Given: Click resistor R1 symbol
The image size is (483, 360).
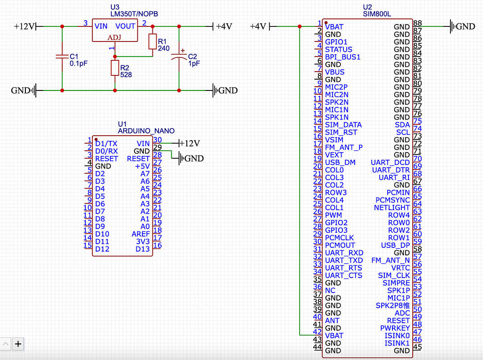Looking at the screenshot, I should pyautogui.click(x=152, y=41).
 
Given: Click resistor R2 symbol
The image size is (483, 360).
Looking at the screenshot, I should pyautogui.click(x=115, y=68).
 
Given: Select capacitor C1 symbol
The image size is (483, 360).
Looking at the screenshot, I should pyautogui.click(x=62, y=57).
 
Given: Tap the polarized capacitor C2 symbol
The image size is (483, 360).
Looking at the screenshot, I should pyautogui.click(x=179, y=57).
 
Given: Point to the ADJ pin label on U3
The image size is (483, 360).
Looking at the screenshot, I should pyautogui.click(x=114, y=37).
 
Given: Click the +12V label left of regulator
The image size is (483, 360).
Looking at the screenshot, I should pyautogui.click(x=25, y=26).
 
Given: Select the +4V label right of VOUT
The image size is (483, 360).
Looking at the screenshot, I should pyautogui.click(x=224, y=26).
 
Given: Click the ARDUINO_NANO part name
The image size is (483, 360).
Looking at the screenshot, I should pyautogui.click(x=146, y=131).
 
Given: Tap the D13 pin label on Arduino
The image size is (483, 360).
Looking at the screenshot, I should pyautogui.click(x=142, y=249).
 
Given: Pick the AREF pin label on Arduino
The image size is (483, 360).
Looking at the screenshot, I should pyautogui.click(x=141, y=234).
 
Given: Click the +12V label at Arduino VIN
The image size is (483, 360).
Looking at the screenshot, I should pyautogui.click(x=191, y=143).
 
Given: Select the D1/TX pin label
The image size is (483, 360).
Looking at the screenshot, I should pyautogui.click(x=106, y=143).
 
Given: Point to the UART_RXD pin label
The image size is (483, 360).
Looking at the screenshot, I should pyautogui.click(x=344, y=253).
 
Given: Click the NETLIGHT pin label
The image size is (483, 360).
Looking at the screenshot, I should pyautogui.click(x=391, y=207).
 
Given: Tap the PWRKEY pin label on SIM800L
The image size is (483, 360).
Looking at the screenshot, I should pyautogui.click(x=395, y=328).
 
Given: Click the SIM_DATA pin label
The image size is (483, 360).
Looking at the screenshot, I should pyautogui.click(x=343, y=124).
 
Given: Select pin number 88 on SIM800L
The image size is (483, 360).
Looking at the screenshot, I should pyautogui.click(x=417, y=24).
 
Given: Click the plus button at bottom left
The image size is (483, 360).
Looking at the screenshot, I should pyautogui.click(x=18, y=344).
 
